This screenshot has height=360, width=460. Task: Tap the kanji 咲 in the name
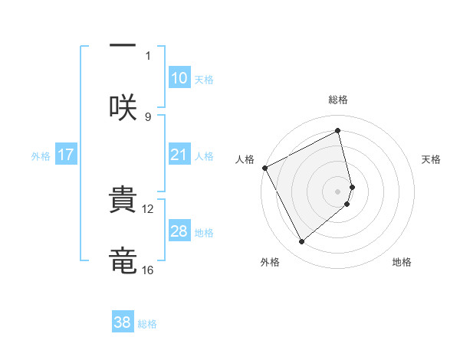tap(123, 107)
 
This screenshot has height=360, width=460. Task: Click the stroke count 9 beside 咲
tap(148, 116)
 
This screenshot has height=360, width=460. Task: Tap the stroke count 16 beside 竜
tap(148, 270)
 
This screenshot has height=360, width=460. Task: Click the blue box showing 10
tap(179, 78)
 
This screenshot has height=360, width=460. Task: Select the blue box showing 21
tap(179, 155)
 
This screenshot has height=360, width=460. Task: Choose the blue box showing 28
tap(179, 231)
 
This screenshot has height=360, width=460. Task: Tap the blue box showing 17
tap(66, 155)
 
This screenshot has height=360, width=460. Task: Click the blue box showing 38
tap(123, 322)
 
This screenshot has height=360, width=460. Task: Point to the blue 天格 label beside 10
tap(204, 80)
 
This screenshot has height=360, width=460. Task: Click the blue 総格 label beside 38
tap(147, 324)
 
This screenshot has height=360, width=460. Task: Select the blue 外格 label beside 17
tap(41, 156)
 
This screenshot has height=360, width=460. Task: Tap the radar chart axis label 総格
tap(338, 100)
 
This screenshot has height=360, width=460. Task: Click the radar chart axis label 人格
tap(245, 159)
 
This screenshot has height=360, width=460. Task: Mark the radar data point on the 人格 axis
tap(264, 168)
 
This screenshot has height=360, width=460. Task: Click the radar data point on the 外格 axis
tap(301, 242)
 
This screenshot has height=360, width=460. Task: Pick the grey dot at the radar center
tap(338, 191)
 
